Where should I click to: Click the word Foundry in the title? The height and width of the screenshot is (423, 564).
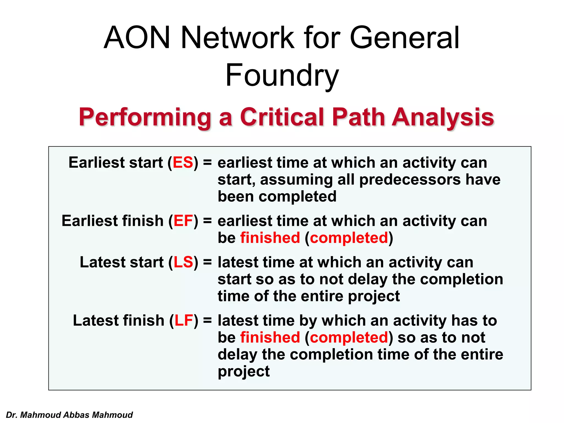click(x=282, y=75)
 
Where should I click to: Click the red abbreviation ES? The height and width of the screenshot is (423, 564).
click(x=183, y=162)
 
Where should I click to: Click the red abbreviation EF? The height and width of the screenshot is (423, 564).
click(x=183, y=221)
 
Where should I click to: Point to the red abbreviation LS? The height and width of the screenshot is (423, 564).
click(x=183, y=262)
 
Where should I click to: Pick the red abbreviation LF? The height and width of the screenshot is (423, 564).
click(x=183, y=321)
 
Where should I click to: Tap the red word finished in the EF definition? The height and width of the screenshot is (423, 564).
click(x=270, y=238)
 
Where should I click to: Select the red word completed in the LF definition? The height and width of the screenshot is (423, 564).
click(x=349, y=338)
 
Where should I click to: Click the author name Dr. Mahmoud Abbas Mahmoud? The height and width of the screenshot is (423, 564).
click(x=69, y=415)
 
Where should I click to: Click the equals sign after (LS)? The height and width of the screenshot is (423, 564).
click(x=207, y=262)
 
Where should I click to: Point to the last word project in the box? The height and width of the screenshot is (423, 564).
click(x=243, y=372)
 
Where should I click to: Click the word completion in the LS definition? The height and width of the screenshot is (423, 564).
click(x=462, y=279)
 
